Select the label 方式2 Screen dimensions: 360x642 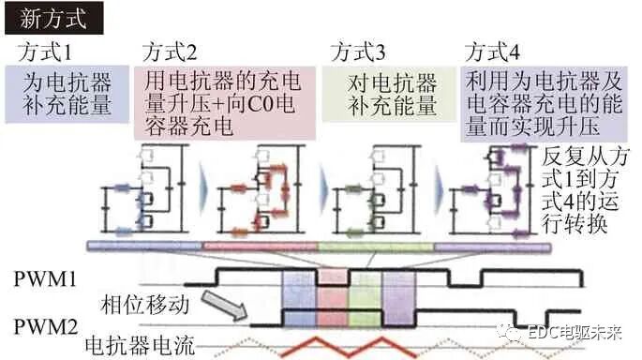coord(170,50)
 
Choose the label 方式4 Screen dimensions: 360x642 coord(493,50)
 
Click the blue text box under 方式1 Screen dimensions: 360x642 coord(67,94)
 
